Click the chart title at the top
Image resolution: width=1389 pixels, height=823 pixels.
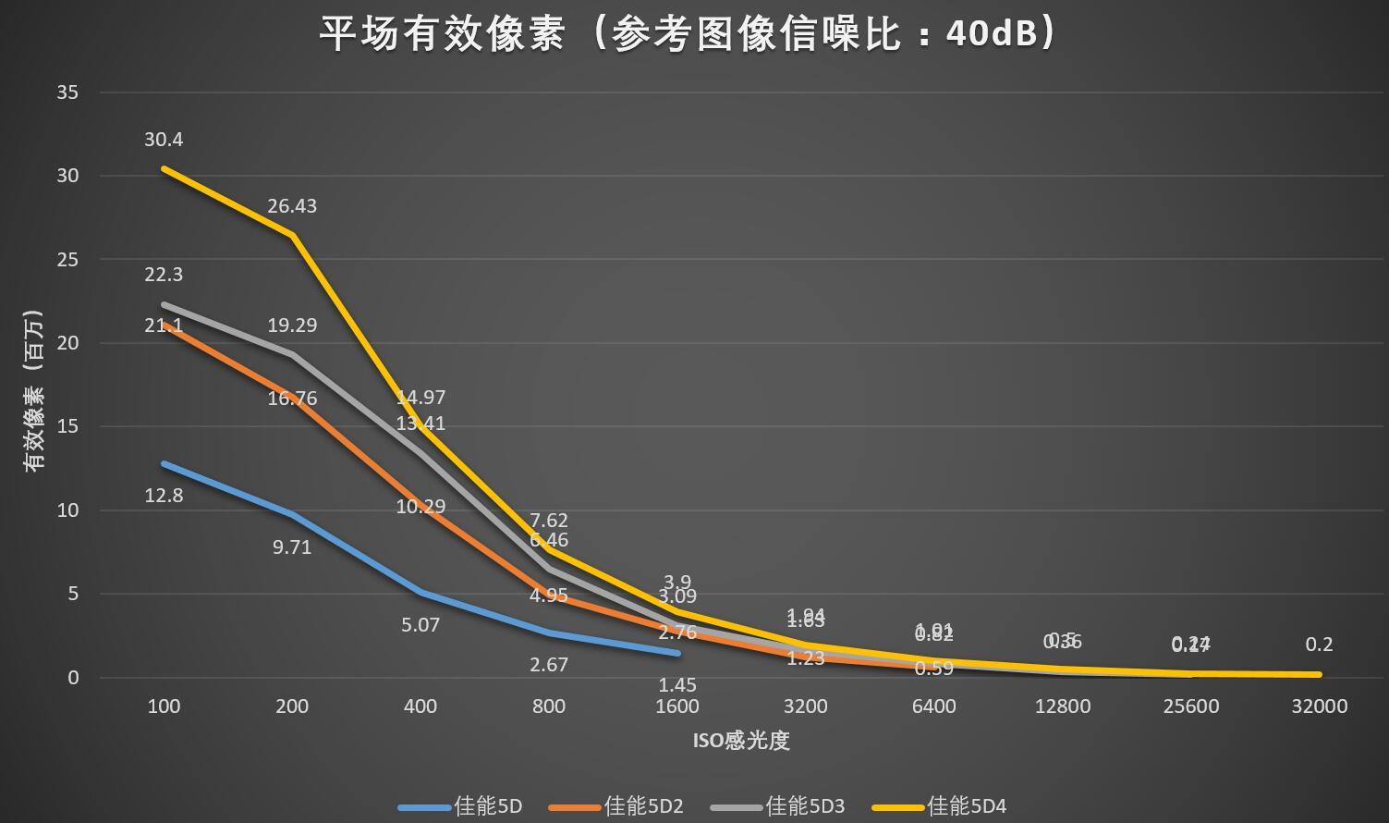688,34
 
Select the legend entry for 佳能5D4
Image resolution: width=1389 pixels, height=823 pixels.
966,806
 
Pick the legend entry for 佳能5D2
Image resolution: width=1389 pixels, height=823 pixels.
643,806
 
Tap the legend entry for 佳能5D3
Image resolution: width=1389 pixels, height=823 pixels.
805,806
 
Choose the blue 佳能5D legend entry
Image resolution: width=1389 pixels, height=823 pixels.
488,806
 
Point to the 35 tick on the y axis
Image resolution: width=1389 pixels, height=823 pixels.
67,92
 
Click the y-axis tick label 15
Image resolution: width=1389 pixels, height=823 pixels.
67,426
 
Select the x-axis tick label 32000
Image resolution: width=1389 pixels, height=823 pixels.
1319,706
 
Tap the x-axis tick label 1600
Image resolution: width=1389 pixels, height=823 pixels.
677,706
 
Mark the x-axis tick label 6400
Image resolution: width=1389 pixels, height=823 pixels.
933,706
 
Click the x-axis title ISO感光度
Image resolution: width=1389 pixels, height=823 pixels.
741,741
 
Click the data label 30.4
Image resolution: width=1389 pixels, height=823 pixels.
164,140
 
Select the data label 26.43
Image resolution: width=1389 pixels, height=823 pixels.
292,206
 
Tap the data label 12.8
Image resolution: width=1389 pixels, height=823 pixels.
164,496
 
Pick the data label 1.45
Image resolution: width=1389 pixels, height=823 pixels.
677,685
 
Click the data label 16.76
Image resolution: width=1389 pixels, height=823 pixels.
292,399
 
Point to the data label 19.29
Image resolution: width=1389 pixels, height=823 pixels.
292,326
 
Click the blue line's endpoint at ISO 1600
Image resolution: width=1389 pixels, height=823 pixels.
677,653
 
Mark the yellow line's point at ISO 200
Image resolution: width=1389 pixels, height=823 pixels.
292,236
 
